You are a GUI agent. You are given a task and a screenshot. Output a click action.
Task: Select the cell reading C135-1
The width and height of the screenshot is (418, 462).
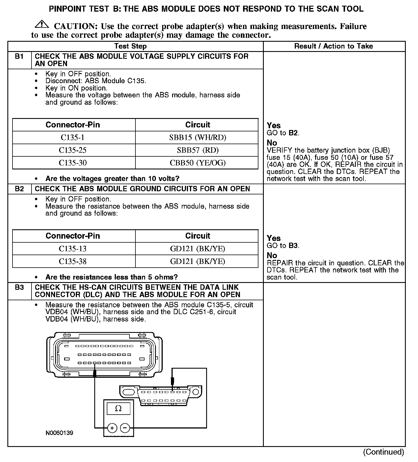point(73,138)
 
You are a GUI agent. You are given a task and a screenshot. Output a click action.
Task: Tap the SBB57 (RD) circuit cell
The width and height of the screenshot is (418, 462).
point(198,150)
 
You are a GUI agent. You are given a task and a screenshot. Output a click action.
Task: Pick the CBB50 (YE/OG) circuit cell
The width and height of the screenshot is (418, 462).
point(198,163)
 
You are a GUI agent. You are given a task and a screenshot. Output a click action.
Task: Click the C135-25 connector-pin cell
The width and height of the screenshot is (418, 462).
point(73,150)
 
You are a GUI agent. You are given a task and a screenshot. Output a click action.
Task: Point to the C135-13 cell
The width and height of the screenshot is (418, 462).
point(73,249)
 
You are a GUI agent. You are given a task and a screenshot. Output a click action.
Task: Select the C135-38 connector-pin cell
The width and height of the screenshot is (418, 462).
point(73,261)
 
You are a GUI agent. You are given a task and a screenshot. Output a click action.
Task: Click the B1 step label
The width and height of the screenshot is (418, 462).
point(19,56)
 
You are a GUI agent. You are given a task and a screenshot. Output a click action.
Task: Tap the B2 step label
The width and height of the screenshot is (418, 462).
point(19,189)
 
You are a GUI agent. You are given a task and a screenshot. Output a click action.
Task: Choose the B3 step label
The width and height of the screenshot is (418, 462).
point(19,287)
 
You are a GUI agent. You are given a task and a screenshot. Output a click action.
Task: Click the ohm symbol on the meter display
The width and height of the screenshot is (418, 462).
point(118,409)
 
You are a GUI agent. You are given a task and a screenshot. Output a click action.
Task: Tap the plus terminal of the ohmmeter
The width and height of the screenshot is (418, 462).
point(112,428)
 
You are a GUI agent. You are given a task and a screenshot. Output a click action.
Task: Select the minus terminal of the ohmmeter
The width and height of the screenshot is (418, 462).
point(125,428)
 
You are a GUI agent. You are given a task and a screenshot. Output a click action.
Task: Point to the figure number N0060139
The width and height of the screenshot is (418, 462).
point(59,433)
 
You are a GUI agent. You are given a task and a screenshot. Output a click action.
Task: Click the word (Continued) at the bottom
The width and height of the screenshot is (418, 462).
point(383,452)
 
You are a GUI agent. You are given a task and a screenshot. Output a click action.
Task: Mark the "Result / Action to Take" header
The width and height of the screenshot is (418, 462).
point(334,46)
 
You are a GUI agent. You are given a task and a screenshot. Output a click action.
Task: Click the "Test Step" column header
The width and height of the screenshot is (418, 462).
point(130,46)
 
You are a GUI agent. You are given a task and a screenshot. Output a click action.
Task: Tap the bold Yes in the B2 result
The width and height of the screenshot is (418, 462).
point(274,238)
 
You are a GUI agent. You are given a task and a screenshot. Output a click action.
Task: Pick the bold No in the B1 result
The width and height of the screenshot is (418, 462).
point(272,143)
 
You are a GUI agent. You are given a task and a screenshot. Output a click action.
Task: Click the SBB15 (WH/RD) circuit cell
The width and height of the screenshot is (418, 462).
point(198,138)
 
